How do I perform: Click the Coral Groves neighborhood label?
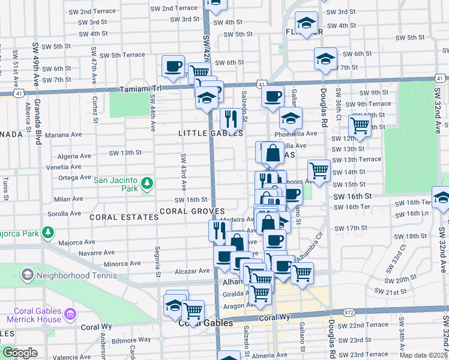[192, 212]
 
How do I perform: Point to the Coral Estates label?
[124, 217]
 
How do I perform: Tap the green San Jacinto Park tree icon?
[146, 182]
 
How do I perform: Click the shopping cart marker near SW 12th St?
[360, 126]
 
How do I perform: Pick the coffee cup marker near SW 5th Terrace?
[173, 66]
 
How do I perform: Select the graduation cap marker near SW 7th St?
[325, 59]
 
